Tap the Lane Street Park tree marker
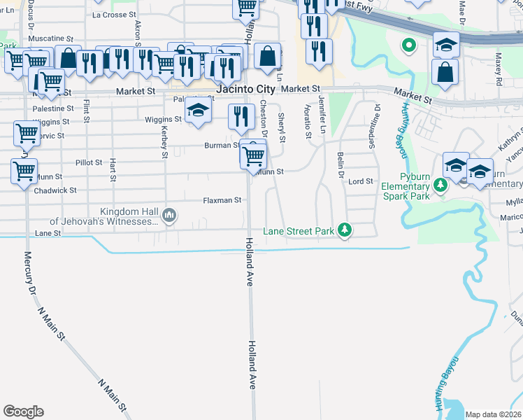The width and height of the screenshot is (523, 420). [x=344, y=230]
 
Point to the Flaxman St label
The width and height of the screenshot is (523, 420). [x=222, y=200]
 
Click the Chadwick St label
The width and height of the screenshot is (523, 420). [x=54, y=190]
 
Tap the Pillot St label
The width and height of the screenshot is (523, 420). [x=89, y=162]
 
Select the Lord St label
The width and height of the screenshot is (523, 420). [x=361, y=181]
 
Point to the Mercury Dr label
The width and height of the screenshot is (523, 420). [x=29, y=276]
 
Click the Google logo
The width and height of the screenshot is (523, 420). [x=23, y=412]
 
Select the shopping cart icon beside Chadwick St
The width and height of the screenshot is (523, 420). [x=24, y=170]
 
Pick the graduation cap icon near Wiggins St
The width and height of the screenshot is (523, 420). [x=198, y=110]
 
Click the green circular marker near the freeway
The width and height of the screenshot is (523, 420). [x=408, y=47]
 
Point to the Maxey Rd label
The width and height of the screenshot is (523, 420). [x=499, y=69]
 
